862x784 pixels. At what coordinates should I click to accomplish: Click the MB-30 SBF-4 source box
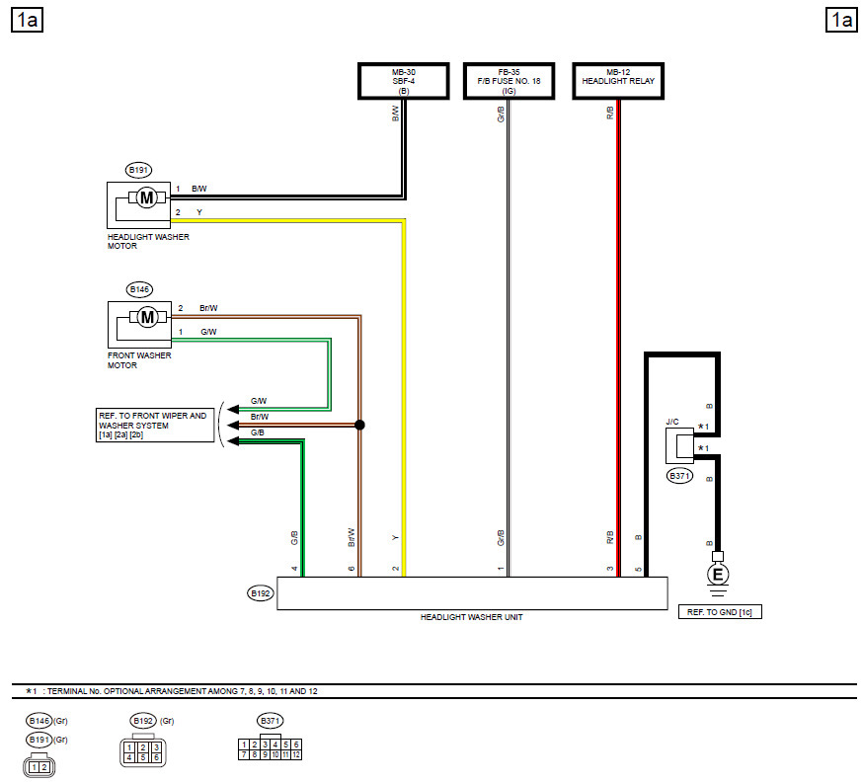[404, 81]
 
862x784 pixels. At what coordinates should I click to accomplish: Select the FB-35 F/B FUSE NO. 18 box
[509, 81]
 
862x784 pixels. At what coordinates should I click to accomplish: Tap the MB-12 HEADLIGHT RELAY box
[618, 81]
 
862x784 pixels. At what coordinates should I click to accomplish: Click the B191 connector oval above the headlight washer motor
[138, 170]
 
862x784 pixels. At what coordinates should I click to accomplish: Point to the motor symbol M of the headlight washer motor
[147, 197]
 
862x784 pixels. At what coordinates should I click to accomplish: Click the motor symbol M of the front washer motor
[147, 317]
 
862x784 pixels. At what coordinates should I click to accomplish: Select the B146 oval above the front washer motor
[139, 289]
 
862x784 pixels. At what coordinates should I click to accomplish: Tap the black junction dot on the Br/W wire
[359, 425]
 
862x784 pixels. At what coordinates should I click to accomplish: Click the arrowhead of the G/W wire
[233, 409]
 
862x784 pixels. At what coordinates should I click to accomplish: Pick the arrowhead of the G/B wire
[233, 441]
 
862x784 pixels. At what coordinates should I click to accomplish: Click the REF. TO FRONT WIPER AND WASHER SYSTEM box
[155, 425]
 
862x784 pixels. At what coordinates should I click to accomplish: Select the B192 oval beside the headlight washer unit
[260, 593]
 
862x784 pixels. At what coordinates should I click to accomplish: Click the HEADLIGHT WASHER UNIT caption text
[472, 617]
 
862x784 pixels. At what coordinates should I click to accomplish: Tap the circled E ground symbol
[718, 575]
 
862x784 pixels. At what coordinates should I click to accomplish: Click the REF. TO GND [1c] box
[720, 612]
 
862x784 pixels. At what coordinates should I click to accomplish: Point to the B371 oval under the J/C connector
[679, 476]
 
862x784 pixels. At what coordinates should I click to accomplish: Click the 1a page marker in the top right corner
[841, 21]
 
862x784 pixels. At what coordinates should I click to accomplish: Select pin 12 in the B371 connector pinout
[296, 754]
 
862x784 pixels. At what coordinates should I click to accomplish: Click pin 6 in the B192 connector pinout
[156, 757]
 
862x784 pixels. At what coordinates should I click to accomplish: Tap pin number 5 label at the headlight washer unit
[638, 569]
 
